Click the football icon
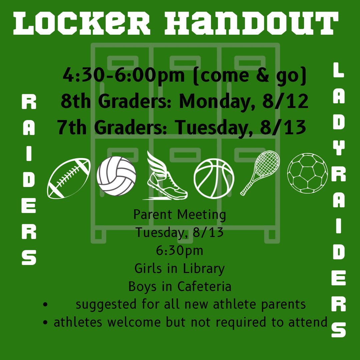[x=69, y=178]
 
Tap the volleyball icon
[x=116, y=176]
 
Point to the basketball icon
[x=214, y=178]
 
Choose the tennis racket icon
[x=260, y=172]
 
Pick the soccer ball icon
[x=307, y=173]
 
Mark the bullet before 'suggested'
[x=46, y=304]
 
